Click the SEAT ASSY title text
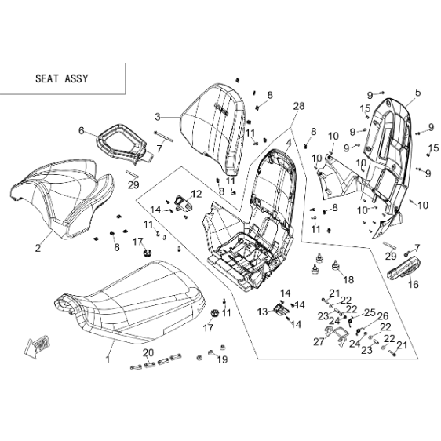[x=61, y=78]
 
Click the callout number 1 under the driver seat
[x=108, y=359]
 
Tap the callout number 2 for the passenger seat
[x=38, y=248]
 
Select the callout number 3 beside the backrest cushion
[x=158, y=117]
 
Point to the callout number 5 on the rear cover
[x=418, y=93]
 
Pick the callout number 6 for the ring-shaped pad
[x=81, y=130]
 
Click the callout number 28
[x=299, y=106]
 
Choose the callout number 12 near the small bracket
[x=196, y=194]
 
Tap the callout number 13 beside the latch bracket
[x=263, y=312]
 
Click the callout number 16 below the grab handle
[x=414, y=284]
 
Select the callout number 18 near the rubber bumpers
[x=348, y=279]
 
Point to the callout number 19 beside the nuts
[x=222, y=359]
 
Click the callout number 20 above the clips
[x=148, y=352]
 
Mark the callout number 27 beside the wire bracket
[x=319, y=341]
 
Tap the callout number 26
[x=383, y=316]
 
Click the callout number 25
[x=370, y=312]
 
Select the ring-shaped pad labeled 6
[x=122, y=143]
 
